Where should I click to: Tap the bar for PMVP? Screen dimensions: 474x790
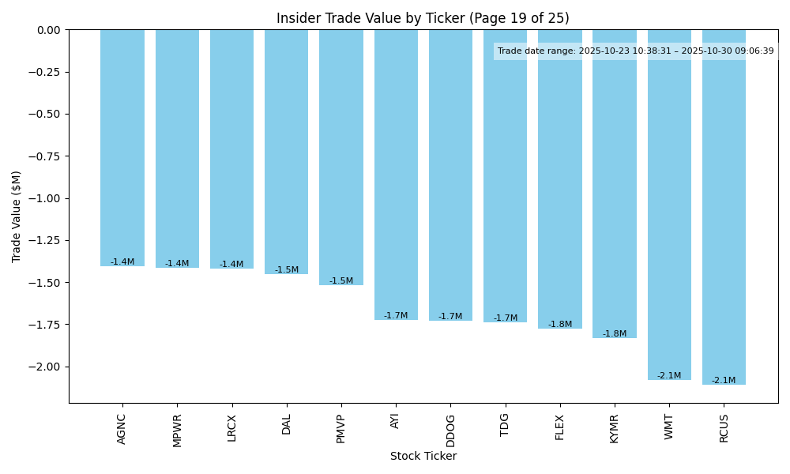tap(341, 157)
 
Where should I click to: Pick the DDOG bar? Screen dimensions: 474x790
tap(450, 175)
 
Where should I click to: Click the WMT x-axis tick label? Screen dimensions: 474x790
tap(669, 426)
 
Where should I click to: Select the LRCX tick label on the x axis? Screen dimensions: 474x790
tap(231, 427)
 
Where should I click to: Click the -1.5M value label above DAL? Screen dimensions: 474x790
tap(287, 270)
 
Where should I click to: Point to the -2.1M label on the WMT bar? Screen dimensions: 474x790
tap(669, 376)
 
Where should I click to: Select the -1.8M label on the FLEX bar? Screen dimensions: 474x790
tap(560, 325)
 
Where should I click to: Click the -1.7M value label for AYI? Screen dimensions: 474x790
tap(396, 316)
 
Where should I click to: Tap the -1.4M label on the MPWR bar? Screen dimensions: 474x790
tap(177, 264)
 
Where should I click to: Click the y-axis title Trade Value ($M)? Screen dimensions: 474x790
tap(17, 216)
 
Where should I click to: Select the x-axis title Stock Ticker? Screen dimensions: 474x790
tap(423, 457)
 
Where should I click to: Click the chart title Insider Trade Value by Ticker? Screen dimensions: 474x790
tap(423, 18)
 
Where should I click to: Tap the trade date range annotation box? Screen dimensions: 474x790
tap(636, 51)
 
